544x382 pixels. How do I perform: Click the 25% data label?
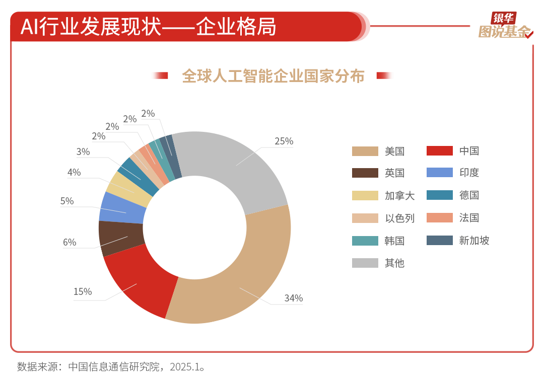point(284,141)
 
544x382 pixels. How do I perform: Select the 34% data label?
point(293,298)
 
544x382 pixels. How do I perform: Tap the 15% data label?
point(83,291)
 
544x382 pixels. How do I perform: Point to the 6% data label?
point(70,242)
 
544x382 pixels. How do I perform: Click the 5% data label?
point(67,201)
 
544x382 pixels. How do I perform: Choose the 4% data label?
point(74,172)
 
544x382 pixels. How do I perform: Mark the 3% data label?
point(83,151)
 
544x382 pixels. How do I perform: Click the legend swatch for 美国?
point(365,151)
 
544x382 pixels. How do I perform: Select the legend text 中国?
point(469,151)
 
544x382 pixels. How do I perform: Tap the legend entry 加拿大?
point(399,195)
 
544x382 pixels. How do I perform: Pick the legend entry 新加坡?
point(474,240)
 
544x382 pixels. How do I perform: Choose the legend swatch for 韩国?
point(365,241)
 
